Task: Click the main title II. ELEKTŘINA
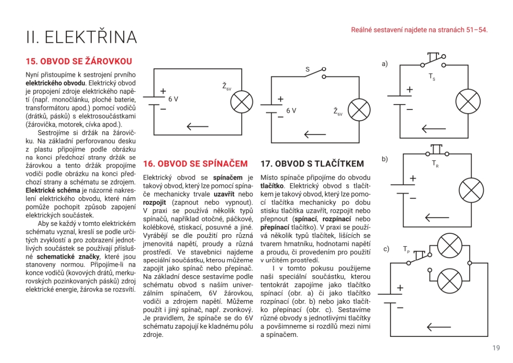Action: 81,37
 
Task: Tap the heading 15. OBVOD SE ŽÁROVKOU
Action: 79,61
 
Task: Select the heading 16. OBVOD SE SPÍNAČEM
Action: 195,164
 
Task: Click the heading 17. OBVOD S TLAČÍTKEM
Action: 312,164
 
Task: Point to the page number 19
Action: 496,348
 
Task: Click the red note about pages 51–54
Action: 419,30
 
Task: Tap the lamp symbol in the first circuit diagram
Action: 242,102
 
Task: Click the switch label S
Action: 307,69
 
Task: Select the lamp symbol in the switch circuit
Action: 359,110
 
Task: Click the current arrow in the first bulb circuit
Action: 198,126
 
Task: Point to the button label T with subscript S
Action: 432,77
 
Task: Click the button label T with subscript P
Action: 406,249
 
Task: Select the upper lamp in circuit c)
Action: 450,246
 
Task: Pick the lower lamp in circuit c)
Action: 450,281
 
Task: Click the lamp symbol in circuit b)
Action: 471,190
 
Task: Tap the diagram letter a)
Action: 384,63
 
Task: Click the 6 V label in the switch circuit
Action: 291,111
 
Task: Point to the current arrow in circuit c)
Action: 439,327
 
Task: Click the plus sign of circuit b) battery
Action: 413,178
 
